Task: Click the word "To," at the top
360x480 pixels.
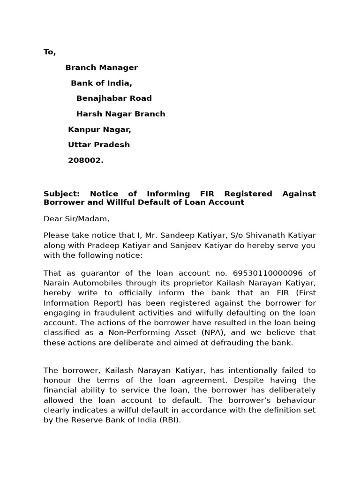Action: pos(50,52)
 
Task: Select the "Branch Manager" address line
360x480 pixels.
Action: pos(101,67)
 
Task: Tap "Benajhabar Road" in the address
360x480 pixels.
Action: pos(114,98)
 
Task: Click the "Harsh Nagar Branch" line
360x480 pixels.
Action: pos(120,114)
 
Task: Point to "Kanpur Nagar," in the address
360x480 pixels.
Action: pos(99,129)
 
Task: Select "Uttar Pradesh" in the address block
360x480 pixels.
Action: pos(99,145)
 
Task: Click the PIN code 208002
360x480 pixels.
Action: pos(86,160)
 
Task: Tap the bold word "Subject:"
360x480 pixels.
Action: pos(62,194)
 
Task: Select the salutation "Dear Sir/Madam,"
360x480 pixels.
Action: pos(76,218)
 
